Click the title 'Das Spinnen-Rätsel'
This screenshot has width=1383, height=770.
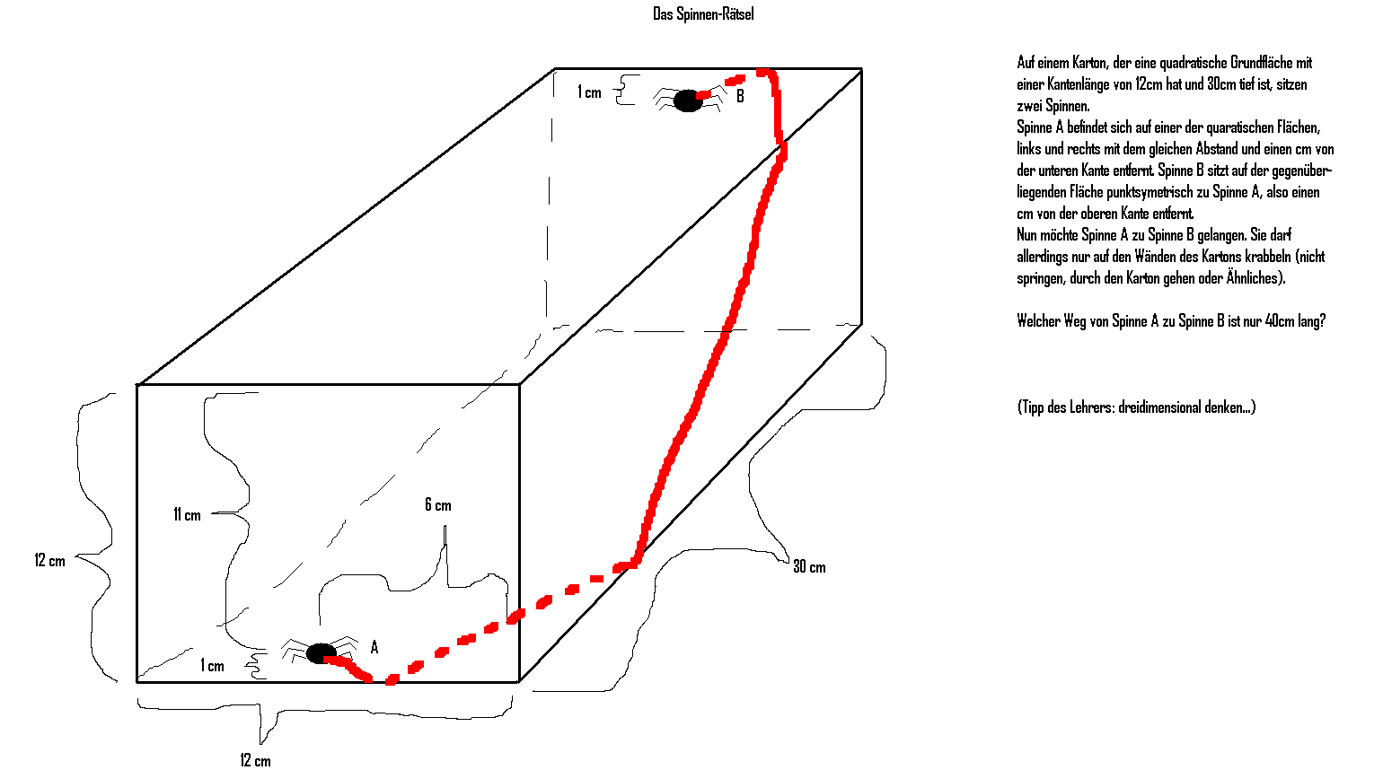703,13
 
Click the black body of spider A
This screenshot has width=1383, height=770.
321,653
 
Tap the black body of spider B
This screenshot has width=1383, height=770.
688,101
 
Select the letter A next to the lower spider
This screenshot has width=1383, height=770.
374,647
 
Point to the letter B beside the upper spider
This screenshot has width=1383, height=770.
740,96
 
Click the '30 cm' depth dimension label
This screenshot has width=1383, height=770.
809,567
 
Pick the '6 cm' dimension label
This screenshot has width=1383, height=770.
438,505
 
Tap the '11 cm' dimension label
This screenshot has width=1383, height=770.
187,515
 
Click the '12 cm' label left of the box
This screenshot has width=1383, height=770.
50,561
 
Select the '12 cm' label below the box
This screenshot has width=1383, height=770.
255,761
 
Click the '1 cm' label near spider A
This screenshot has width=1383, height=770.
212,666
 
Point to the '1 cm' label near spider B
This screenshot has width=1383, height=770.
589,92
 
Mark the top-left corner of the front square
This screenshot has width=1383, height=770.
137,385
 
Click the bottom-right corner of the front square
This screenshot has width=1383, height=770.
519,681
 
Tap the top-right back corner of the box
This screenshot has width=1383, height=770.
861,69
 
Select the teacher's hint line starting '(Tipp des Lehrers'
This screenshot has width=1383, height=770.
1136,407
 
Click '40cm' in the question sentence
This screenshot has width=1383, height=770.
1280,321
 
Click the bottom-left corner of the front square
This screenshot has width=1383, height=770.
137,681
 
